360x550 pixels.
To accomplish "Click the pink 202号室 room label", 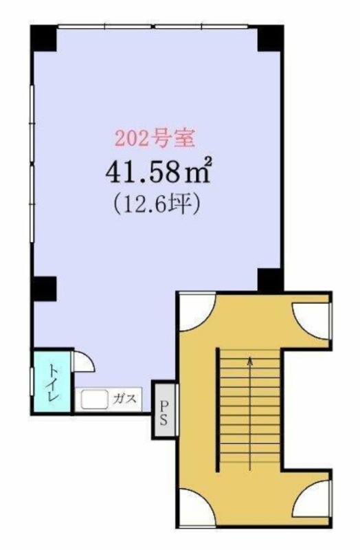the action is [x=155, y=138].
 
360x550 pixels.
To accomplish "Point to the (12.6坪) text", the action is [x=157, y=203].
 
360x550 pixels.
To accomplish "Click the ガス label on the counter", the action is [x=125, y=399].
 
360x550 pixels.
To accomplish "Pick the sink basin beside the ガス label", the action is [x=94, y=399].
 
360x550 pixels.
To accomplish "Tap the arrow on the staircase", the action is [x=250, y=414].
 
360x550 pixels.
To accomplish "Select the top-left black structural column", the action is [x=43, y=38].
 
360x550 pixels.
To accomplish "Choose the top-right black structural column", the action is [x=270, y=38].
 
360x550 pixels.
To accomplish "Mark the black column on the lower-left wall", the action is [x=45, y=288].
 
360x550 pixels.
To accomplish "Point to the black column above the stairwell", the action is [x=270, y=280].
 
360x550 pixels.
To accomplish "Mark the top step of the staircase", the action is [x=250, y=353].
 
